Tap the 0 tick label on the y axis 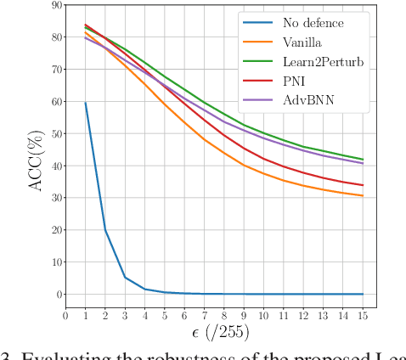[x=58, y=295]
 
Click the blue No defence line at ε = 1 [x=86, y=103]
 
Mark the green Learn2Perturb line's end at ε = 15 [x=364, y=160]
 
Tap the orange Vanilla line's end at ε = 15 [x=364, y=196]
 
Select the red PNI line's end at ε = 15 [x=364, y=185]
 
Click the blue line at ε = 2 [x=105, y=230]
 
